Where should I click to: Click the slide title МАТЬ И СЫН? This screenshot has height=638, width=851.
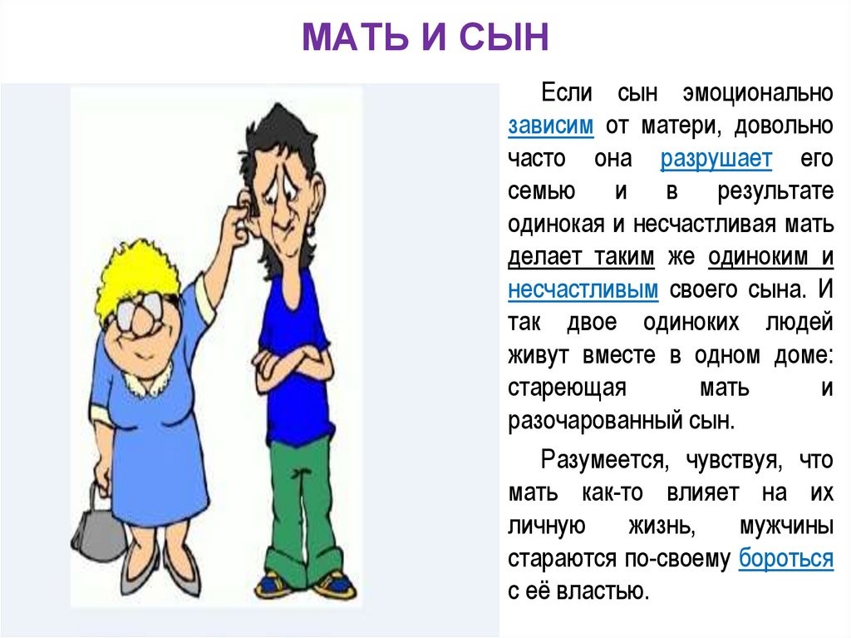coord(425,38)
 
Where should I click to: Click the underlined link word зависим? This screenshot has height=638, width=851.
coord(550,126)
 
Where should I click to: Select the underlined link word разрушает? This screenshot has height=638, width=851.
coord(716,158)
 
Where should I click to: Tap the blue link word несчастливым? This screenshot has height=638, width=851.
coord(583,290)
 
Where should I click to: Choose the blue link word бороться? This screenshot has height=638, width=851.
coord(785,557)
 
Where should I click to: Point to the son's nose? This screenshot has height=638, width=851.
coord(287,210)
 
